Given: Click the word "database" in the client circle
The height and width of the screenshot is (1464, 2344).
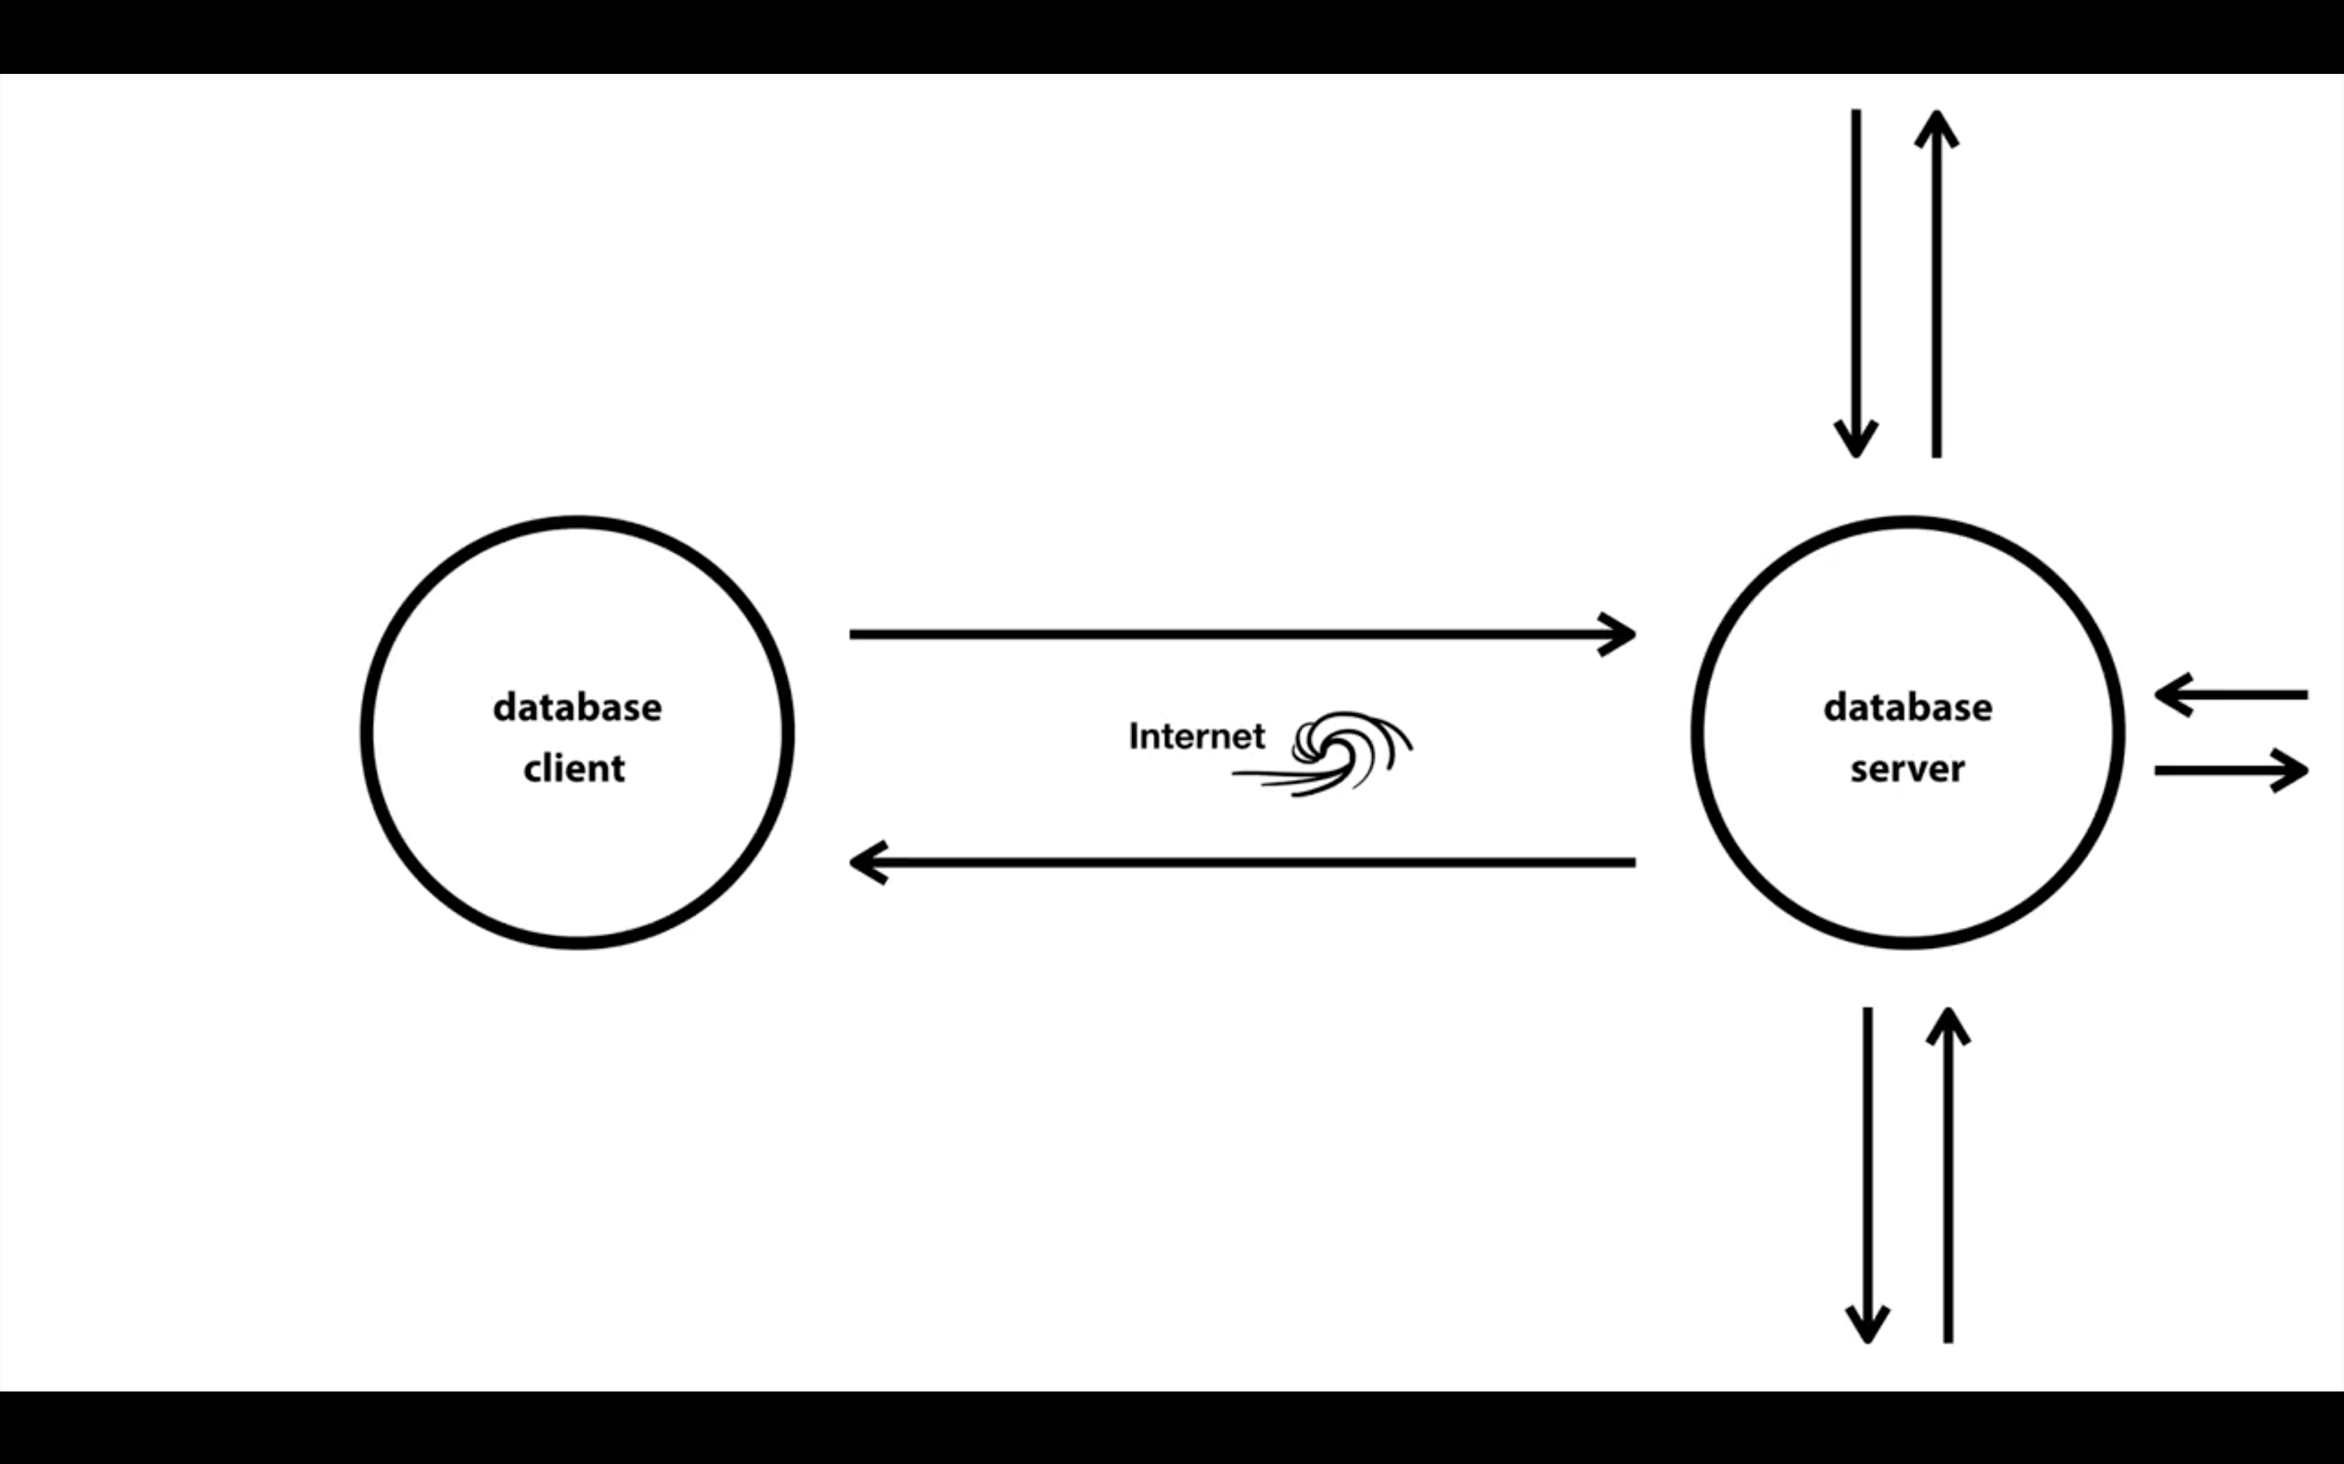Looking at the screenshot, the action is pyautogui.click(x=578, y=708).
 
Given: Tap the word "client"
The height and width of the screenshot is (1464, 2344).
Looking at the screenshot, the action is pyautogui.click(x=574, y=769).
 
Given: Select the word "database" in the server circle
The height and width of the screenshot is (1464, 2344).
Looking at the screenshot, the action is pyautogui.click(x=1907, y=708).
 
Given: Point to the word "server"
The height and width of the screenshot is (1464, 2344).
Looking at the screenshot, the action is pyautogui.click(x=1907, y=769).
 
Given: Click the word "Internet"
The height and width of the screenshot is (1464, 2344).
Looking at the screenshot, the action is pyautogui.click(x=1196, y=737).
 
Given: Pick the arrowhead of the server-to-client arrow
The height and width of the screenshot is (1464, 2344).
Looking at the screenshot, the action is pyautogui.click(x=867, y=862).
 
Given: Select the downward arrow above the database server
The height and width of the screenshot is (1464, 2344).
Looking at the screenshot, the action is pyautogui.click(x=1856, y=281).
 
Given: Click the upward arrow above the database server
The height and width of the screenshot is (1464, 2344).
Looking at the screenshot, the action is pyautogui.click(x=1936, y=281).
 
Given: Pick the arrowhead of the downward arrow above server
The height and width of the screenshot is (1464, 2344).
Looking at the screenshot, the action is pyautogui.click(x=1856, y=440).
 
